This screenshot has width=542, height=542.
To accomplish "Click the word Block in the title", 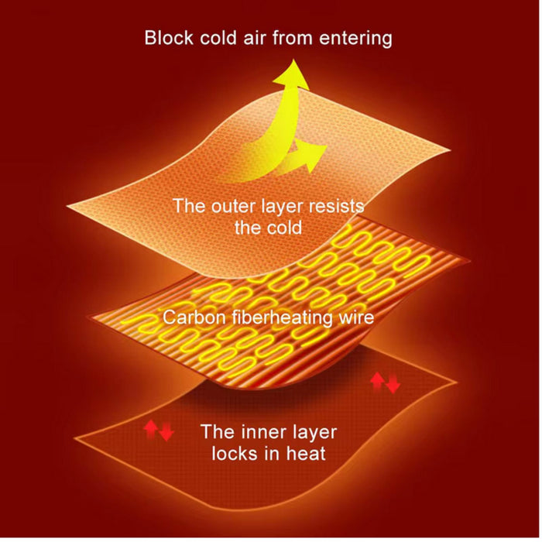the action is (169, 37).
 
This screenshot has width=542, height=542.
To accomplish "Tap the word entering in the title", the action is (355, 39).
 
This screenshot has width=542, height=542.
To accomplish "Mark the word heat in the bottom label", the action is (306, 454).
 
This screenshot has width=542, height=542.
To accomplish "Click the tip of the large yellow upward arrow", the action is (294, 60).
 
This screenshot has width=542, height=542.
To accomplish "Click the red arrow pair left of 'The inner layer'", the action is (159, 430).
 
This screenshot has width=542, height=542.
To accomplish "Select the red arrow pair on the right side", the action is (385, 382).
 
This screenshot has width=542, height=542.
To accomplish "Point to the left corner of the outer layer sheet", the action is (67, 207).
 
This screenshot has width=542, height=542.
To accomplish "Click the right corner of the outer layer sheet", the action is (450, 150).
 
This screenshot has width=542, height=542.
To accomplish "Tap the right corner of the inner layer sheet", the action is (456, 382).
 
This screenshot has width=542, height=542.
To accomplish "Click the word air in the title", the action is (254, 37).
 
